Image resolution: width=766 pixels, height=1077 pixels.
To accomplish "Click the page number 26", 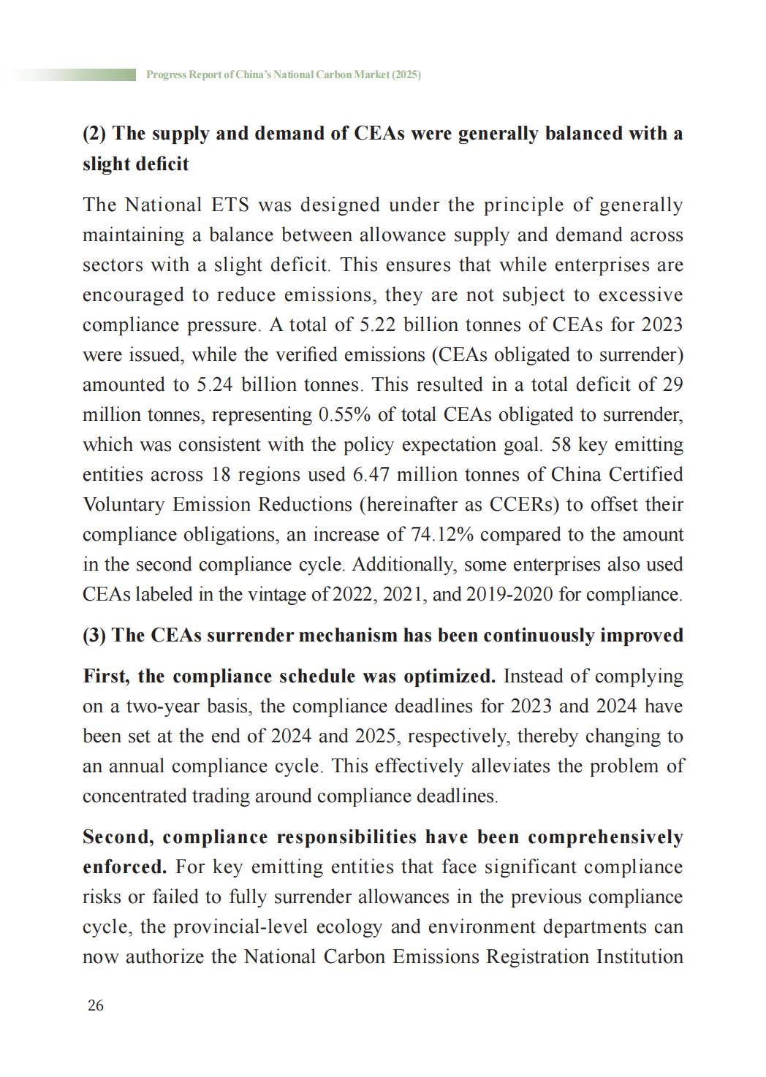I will (x=95, y=1005).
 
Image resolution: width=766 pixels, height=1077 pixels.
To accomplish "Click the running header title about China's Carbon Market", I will (x=284, y=75).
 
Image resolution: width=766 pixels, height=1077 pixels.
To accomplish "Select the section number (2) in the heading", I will (x=95, y=134).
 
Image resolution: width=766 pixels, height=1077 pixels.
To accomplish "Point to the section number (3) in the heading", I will (x=95, y=635).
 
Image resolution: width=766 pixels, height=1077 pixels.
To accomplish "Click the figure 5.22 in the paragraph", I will (x=379, y=324).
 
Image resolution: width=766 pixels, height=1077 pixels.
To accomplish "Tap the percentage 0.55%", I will (x=345, y=414).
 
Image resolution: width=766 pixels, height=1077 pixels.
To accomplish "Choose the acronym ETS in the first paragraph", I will (x=230, y=205).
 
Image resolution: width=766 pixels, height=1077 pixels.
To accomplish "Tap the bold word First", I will (x=107, y=676).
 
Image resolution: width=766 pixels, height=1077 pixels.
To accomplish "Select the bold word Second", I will (x=118, y=837).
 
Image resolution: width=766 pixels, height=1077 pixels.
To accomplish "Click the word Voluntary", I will (x=123, y=504).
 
